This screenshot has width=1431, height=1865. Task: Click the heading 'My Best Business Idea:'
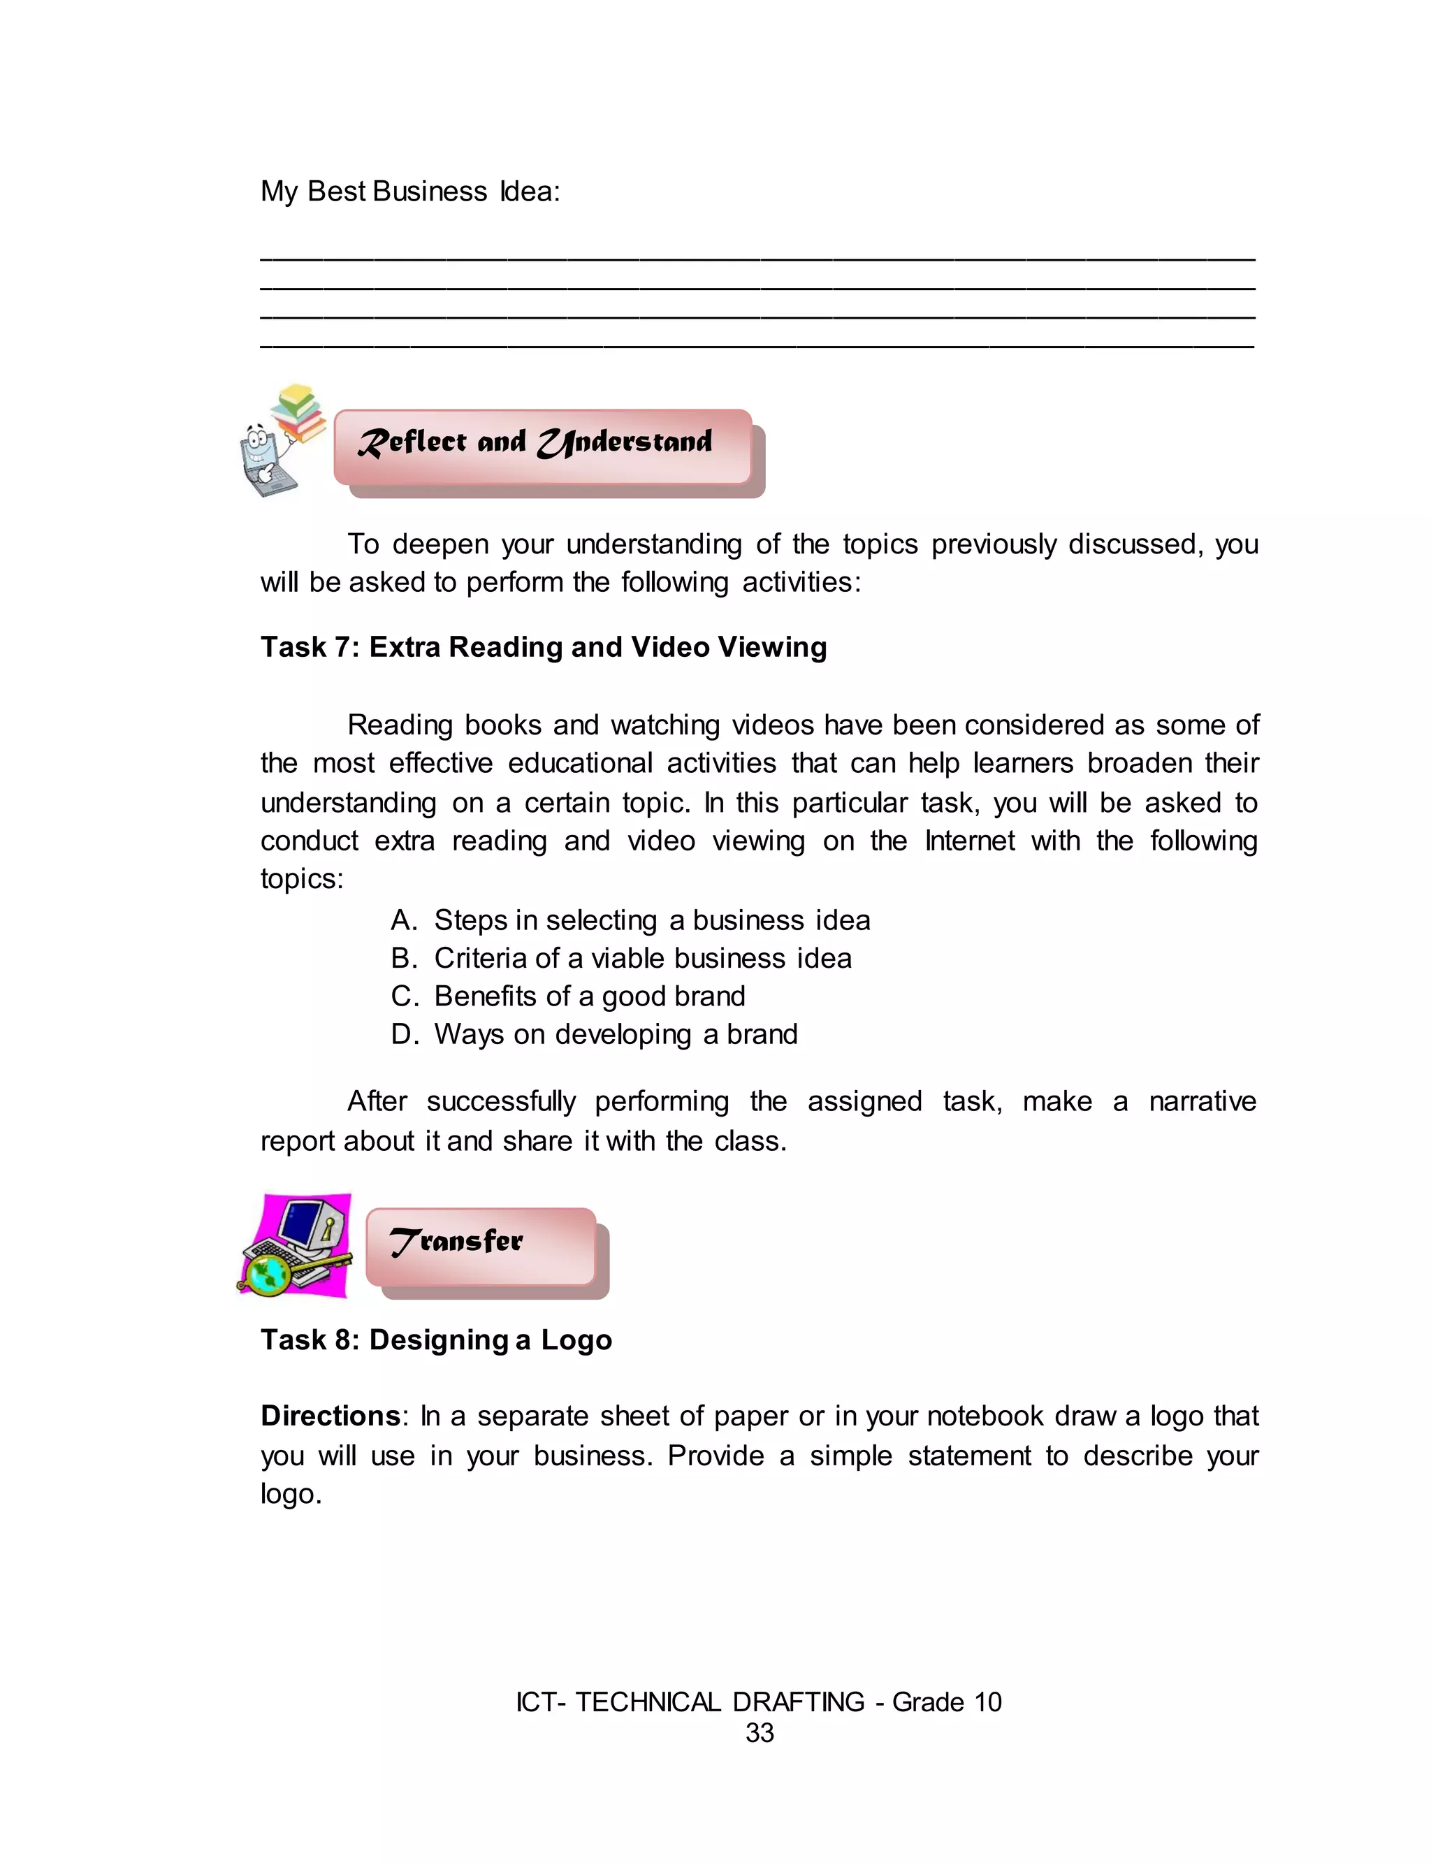409,191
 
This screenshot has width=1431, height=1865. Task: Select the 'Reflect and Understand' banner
543,447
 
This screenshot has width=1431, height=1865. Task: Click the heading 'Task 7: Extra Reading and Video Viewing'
544,647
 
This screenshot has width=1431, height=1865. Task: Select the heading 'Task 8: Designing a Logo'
436,1340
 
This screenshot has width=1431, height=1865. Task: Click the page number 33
759,1732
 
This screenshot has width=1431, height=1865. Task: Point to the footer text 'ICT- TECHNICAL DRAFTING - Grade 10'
758,1701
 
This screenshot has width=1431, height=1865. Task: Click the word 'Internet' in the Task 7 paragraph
969,841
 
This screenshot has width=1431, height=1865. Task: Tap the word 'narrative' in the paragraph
1202,1101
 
